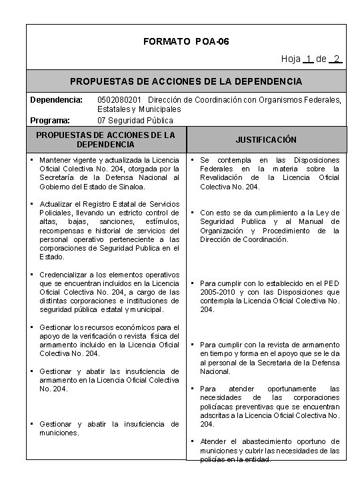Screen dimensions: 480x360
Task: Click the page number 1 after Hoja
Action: tap(308, 59)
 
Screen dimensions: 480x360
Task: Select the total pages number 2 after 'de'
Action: tap(338, 59)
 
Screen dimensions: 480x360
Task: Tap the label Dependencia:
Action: tap(55, 100)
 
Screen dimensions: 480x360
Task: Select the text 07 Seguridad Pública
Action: tap(135, 120)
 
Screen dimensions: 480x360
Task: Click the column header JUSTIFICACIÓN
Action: tap(266, 140)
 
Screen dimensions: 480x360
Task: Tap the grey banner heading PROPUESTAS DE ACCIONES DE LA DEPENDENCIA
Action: tap(186, 81)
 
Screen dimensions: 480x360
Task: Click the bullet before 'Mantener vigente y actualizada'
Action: tap(32, 160)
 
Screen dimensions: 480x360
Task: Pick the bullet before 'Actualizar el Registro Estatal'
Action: tap(32, 203)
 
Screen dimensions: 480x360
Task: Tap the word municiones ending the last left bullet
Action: tap(59, 433)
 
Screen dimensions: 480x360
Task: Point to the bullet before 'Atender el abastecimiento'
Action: tap(193, 441)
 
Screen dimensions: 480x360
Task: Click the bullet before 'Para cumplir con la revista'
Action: tap(193, 345)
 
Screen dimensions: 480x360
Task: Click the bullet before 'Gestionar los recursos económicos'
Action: tap(32, 327)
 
